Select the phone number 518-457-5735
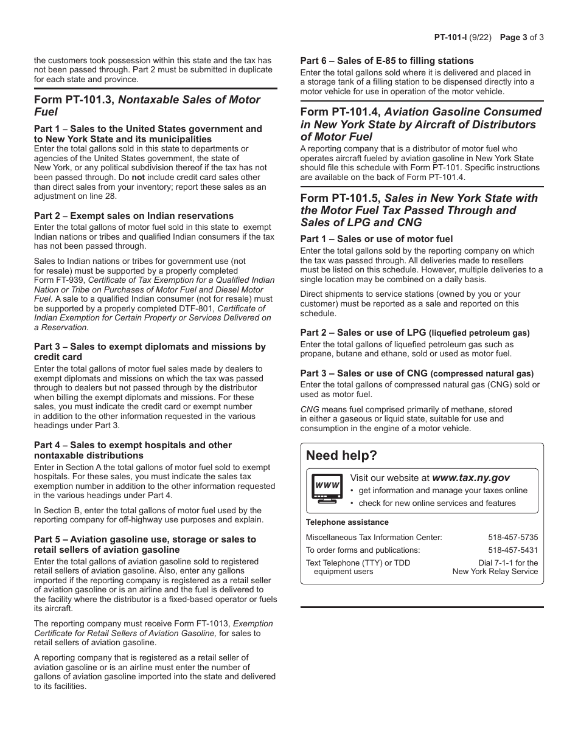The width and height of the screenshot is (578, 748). coord(512,538)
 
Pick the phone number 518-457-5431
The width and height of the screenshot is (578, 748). coord(512,550)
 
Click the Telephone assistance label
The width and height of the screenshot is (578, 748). coord(347,522)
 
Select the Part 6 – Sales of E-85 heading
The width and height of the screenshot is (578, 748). coord(386,61)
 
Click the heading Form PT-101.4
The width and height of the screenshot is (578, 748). coord(341,112)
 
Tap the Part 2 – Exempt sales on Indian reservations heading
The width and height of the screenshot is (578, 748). coord(133,216)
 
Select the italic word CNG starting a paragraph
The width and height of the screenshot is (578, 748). coord(309,409)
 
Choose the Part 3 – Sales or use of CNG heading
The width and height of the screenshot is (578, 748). coord(416,373)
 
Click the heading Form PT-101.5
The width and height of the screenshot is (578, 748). coord(341,198)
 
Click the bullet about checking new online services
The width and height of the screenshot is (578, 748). coord(436,504)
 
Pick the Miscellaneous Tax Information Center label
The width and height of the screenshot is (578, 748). coord(374,538)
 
